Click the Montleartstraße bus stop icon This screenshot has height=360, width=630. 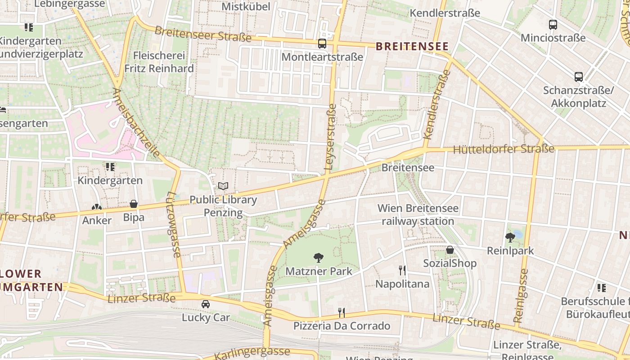322,44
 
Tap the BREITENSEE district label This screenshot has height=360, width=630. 412,46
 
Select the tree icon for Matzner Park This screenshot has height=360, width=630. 319,258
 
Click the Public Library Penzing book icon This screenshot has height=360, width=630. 223,186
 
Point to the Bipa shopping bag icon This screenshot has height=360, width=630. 134,204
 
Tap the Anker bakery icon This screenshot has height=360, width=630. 97,207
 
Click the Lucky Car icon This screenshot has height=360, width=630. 206,304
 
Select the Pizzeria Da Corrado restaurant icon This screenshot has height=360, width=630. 342,312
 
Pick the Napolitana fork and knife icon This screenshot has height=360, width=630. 402,270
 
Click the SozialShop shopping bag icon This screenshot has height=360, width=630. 450,250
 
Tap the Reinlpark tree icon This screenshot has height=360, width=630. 510,237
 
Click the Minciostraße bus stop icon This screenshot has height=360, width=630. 553,25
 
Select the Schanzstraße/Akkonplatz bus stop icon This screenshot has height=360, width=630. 579,77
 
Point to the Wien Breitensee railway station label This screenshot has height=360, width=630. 418,215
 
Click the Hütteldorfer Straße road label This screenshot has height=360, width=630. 504,149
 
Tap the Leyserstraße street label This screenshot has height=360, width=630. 330,137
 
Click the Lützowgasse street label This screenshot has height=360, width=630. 173,225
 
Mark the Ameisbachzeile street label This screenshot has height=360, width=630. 135,123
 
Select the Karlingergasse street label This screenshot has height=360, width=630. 252,353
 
